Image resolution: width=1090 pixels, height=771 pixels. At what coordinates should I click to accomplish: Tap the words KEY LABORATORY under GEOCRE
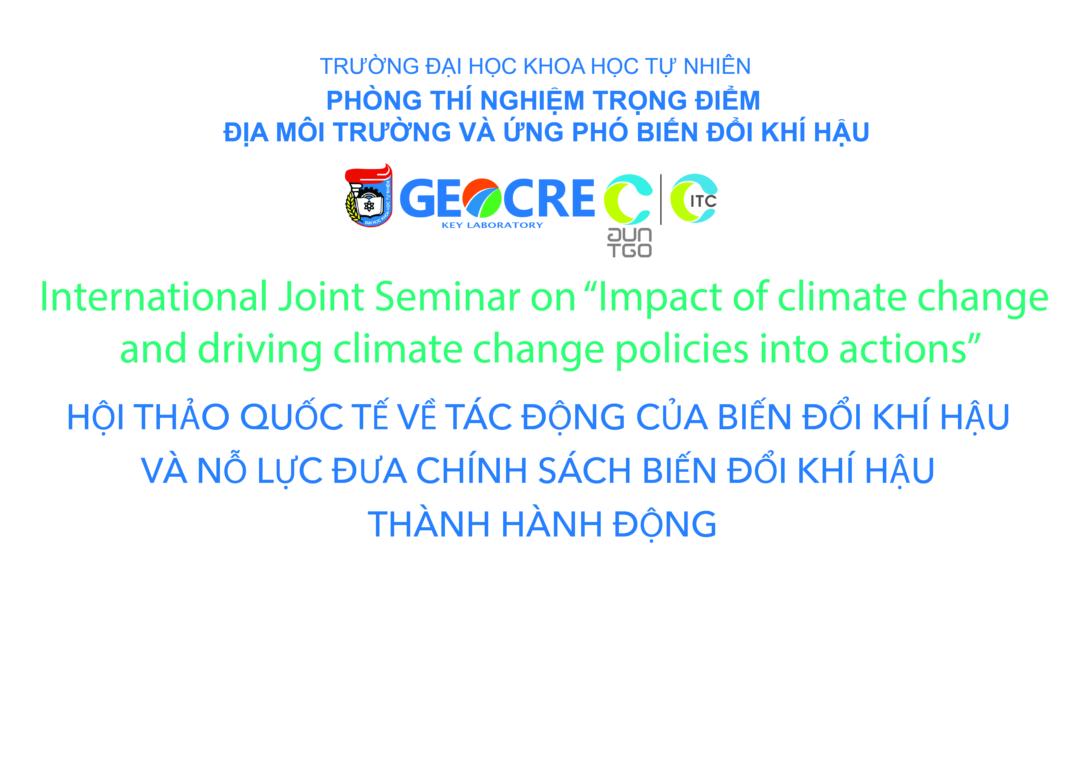pos(492,225)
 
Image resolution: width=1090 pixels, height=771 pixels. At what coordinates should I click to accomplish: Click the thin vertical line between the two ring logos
pos(661,199)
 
